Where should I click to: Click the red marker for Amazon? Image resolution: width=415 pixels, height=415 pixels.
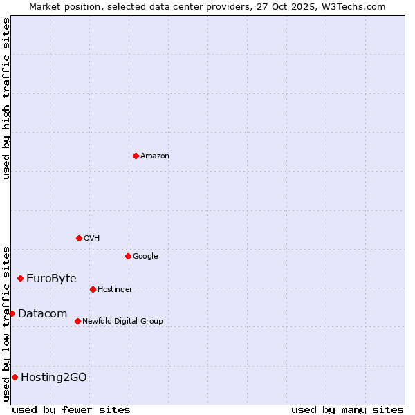(136, 156)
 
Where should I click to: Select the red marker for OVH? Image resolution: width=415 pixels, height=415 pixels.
(79, 238)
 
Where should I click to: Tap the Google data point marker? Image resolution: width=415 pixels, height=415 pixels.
(128, 256)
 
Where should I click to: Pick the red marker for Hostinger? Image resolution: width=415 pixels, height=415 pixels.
(93, 289)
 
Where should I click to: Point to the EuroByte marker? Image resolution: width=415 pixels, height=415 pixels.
(20, 278)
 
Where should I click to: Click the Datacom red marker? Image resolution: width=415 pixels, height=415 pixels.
(12, 313)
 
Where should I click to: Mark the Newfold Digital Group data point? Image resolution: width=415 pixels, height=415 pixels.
(77, 321)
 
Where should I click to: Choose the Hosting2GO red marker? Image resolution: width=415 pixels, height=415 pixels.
(15, 377)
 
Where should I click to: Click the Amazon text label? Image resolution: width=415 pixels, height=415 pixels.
(155, 156)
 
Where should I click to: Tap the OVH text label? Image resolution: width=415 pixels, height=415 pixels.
(92, 239)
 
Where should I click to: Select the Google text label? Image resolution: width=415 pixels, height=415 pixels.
(145, 257)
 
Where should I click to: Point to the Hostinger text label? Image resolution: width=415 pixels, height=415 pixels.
(115, 290)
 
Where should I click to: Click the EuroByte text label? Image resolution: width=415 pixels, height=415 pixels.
(51, 279)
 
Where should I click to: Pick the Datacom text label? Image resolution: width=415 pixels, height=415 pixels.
(42, 314)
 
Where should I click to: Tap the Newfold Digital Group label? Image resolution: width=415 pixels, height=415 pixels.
(122, 322)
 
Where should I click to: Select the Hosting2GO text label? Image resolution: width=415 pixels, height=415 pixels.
(54, 378)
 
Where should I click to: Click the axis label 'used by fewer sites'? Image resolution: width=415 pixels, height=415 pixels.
(71, 409)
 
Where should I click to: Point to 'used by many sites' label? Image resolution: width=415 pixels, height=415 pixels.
(347, 409)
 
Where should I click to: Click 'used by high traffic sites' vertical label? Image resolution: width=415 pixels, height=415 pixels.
(6, 98)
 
